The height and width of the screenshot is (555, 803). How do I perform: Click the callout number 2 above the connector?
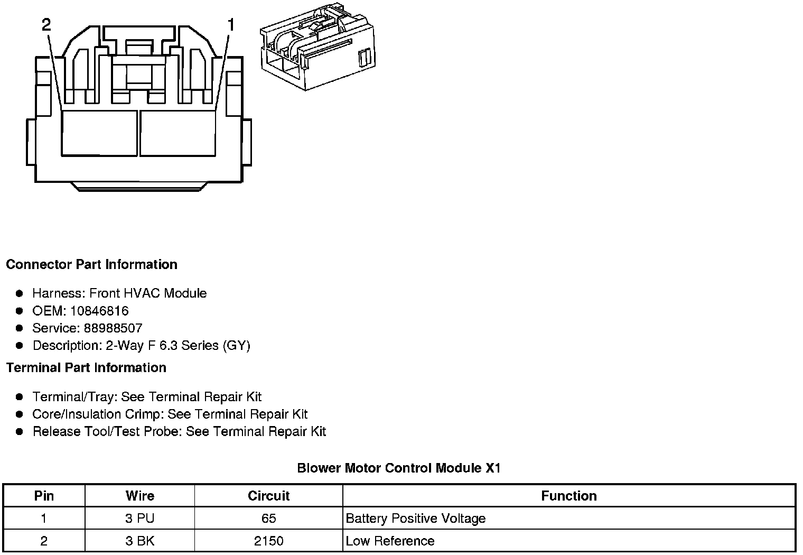click(46, 24)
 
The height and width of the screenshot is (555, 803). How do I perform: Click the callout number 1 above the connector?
click(231, 24)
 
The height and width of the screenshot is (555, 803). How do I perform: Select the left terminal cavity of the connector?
click(99, 133)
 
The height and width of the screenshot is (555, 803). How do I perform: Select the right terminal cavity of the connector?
click(178, 133)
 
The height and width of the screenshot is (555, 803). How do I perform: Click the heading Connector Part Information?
click(91, 264)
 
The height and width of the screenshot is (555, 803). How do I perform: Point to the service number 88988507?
click(113, 328)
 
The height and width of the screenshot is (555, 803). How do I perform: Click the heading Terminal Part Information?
click(86, 368)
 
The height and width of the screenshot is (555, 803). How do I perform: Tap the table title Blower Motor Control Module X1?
click(398, 468)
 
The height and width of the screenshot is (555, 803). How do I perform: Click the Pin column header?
click(44, 496)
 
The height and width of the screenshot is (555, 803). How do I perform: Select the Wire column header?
click(140, 496)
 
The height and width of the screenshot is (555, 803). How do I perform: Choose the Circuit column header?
click(268, 496)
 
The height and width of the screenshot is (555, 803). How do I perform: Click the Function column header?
click(569, 496)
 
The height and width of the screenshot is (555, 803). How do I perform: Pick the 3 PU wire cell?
click(140, 519)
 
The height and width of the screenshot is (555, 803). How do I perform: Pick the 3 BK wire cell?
click(140, 541)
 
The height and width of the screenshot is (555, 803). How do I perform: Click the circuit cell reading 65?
click(268, 519)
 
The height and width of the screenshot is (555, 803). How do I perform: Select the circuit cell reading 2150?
click(268, 541)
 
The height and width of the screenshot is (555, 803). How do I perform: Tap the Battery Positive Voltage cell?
click(415, 519)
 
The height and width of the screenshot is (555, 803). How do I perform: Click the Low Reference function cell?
click(390, 541)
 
